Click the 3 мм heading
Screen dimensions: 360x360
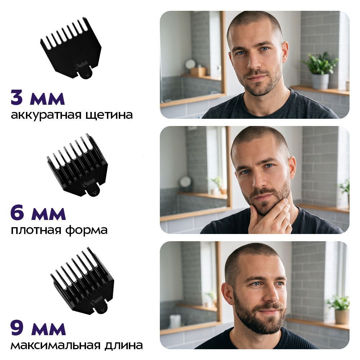38,99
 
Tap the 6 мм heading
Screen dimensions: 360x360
38,213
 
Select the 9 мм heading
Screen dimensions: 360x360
38,329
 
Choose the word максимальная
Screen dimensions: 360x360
55,345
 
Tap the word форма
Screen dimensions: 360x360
86,230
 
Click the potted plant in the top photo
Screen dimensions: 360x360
320,71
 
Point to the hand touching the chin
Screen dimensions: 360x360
270,217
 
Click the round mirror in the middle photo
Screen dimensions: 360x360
185,182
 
